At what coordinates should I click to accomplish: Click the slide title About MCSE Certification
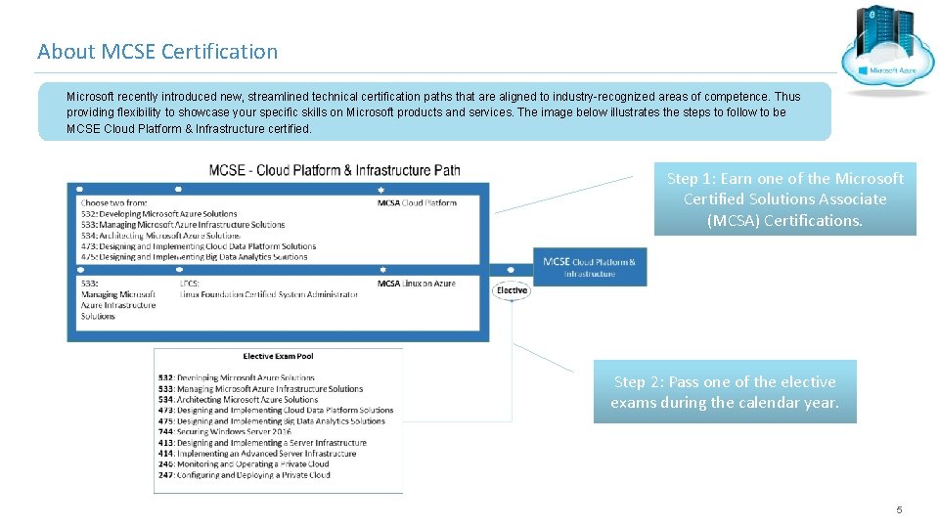tap(157, 51)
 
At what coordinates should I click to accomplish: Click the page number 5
tap(899, 510)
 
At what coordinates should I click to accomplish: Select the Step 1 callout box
tap(784, 199)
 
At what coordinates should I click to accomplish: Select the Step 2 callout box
tap(725, 392)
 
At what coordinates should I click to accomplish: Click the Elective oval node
tap(512, 290)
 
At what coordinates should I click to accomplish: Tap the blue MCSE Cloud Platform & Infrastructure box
tap(589, 267)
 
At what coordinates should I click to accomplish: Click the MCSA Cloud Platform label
tap(417, 203)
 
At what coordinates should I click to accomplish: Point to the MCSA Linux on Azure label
tap(417, 284)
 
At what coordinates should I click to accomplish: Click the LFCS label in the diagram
tap(190, 284)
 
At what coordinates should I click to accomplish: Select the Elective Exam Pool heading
tap(278, 356)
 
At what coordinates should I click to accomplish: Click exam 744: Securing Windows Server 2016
tap(225, 432)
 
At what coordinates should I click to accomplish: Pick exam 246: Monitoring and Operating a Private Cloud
tap(244, 464)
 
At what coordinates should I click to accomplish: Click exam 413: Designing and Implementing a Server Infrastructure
tap(262, 443)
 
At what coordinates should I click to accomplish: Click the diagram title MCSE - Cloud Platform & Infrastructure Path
tap(335, 170)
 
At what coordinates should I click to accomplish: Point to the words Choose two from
tap(113, 203)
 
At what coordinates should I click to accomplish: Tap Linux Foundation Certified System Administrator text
tap(269, 294)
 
